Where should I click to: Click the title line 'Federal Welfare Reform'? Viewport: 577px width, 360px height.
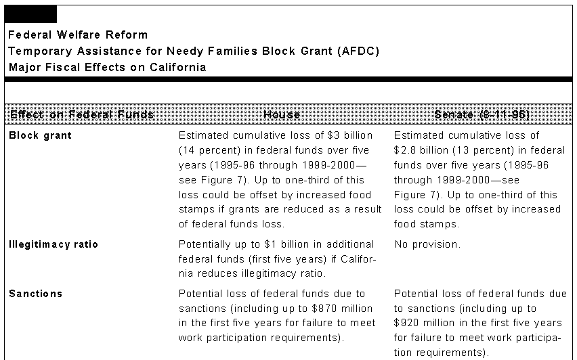pyautogui.click(x=78, y=35)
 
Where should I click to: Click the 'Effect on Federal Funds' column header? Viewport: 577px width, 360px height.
pyautogui.click(x=82, y=114)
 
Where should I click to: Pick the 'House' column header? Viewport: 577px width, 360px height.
pyautogui.click(x=282, y=114)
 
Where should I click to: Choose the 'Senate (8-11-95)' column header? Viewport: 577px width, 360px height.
pyautogui.click(x=482, y=114)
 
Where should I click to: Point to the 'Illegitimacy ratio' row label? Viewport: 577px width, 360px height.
pyautogui.click(x=53, y=244)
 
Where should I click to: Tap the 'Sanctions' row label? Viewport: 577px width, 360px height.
pyautogui.click(x=35, y=294)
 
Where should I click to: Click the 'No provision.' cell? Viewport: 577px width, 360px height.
pyautogui.click(x=427, y=244)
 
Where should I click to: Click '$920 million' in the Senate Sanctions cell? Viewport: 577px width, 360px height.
pyautogui.click(x=424, y=323)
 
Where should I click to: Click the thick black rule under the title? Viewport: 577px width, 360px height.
pyautogui.click(x=288, y=79)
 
